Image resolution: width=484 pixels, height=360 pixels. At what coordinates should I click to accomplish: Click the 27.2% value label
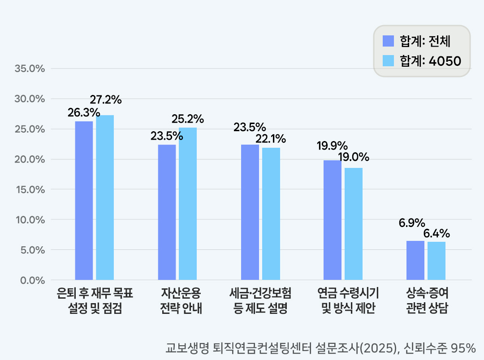click(x=106, y=100)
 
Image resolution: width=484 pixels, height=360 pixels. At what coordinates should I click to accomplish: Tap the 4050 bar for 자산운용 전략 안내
click(x=188, y=204)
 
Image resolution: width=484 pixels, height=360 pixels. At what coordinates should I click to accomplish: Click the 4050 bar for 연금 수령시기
click(x=354, y=224)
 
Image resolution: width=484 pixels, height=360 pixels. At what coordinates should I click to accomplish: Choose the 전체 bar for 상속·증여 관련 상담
click(x=415, y=260)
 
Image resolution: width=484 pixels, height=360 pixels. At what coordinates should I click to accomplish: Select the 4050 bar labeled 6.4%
click(x=436, y=261)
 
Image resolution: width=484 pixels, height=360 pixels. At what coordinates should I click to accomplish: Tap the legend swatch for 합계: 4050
click(x=388, y=60)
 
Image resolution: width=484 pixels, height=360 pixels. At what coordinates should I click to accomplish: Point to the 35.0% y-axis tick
click(x=30, y=69)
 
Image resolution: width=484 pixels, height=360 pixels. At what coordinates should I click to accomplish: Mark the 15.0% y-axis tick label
click(x=30, y=189)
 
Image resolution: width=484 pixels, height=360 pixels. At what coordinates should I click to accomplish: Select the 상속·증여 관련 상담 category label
click(x=427, y=301)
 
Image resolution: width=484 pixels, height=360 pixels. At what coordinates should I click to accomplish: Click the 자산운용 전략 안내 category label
click(x=181, y=301)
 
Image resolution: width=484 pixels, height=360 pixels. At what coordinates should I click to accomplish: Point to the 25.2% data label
click(x=188, y=119)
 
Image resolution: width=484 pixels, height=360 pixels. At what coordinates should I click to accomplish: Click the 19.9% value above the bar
click(x=333, y=146)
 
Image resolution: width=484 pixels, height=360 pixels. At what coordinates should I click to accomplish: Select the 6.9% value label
click(x=412, y=223)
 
